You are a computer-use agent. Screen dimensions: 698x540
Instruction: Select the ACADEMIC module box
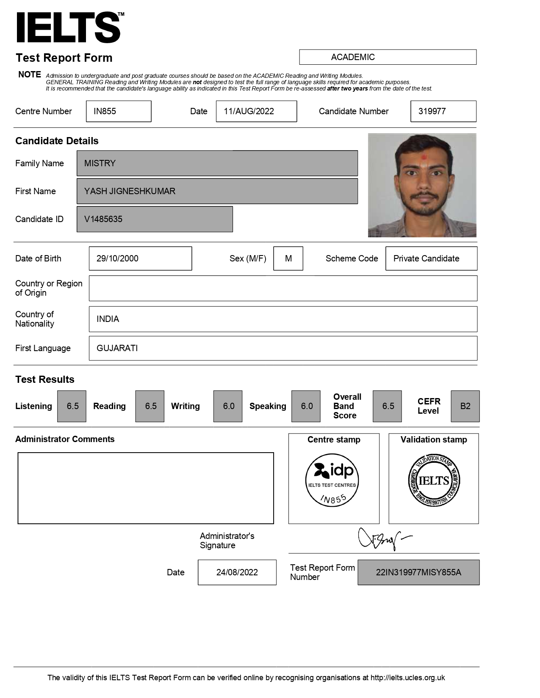coord(388,57)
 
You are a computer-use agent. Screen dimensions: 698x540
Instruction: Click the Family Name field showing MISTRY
coord(217,163)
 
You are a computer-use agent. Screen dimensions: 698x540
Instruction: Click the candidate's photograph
coord(422,185)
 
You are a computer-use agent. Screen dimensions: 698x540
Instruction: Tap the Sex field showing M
coord(288,258)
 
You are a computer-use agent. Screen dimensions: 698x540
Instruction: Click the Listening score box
coord(72,406)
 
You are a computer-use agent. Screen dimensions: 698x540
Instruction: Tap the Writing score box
coord(228,406)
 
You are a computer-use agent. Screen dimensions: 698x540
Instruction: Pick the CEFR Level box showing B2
coord(465,406)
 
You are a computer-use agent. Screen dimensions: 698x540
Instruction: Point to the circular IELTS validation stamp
coord(434,481)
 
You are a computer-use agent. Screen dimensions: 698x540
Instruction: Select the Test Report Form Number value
coord(418,572)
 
